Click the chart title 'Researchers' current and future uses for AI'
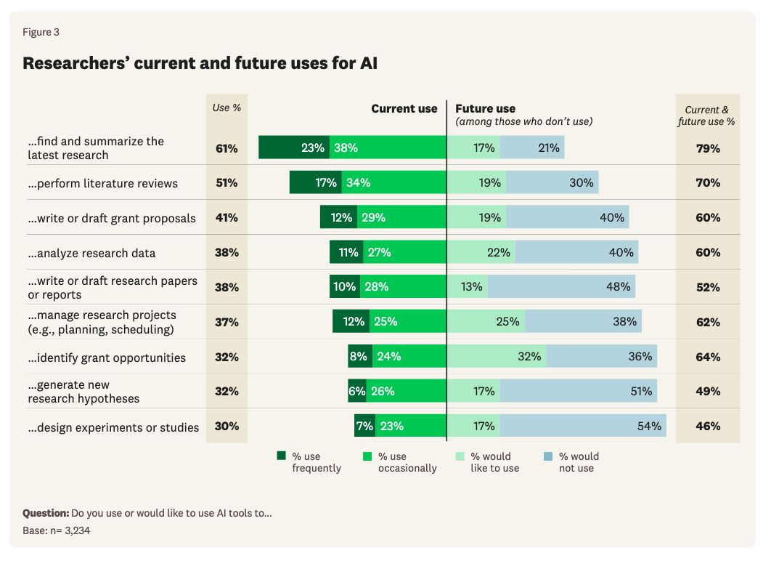coord(200,63)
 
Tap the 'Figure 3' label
coord(41,32)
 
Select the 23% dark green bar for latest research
coord(294,148)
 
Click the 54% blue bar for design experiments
coord(582,426)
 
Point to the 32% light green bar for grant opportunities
coord(497,357)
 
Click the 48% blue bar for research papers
coord(561,287)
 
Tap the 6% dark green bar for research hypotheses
coord(357,391)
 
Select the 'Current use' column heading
coord(404,109)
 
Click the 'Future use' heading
coord(486,109)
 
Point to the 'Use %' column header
coord(227,108)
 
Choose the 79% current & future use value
coord(708,148)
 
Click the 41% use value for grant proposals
coord(227,217)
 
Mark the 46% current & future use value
coord(708,426)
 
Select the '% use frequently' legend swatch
coord(281,456)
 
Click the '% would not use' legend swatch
coord(547,456)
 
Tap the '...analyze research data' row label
coord(91,253)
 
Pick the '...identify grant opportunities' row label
coord(107,358)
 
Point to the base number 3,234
coord(76,530)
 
